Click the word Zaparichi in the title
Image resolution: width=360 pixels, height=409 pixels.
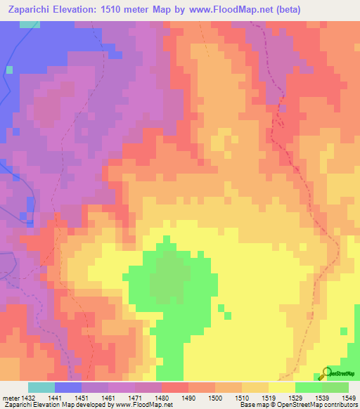pyautogui.click(x=30, y=10)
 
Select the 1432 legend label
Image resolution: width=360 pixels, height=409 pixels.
pyautogui.click(x=29, y=397)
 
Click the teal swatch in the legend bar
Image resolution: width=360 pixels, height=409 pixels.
pyautogui.click(x=41, y=387)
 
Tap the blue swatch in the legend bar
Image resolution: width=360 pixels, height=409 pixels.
pyautogui.click(x=68, y=387)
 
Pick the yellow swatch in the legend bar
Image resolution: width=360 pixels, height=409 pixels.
pyautogui.click(x=281, y=387)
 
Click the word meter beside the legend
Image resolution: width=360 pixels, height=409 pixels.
pyautogui.click(x=9, y=397)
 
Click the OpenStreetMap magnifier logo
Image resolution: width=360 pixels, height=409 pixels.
pyautogui.click(x=326, y=372)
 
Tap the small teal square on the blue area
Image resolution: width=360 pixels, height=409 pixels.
pyautogui.click(x=10, y=70)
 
